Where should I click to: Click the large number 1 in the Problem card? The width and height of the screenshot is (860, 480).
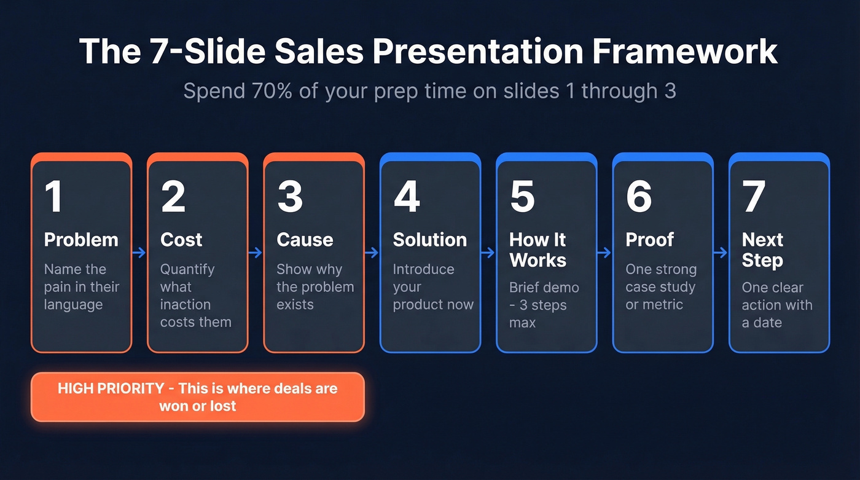tap(54, 197)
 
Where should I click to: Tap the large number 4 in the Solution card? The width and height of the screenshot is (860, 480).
tap(406, 197)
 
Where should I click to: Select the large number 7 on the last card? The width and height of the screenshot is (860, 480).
tap(754, 197)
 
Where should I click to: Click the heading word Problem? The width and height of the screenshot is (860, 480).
tap(81, 240)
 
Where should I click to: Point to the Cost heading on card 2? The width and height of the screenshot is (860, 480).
tap(181, 240)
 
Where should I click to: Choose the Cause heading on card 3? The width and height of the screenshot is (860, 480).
tap(305, 240)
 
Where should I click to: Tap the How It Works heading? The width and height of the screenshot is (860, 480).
tap(537, 250)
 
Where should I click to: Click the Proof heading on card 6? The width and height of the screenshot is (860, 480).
tap(649, 240)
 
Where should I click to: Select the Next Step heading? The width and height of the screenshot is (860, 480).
tap(762, 250)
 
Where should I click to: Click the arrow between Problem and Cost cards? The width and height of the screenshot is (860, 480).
tap(139, 252)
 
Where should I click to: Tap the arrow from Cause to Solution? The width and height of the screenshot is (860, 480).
tap(372, 252)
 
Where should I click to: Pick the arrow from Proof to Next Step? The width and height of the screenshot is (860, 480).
tap(721, 252)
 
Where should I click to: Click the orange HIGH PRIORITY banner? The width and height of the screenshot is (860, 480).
tap(198, 397)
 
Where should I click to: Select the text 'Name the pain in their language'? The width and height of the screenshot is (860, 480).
tap(81, 287)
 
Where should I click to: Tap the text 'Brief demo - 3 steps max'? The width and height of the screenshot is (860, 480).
tap(544, 305)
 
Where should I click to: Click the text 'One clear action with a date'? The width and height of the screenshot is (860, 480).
tap(776, 305)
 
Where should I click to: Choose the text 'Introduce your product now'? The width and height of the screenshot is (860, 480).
tap(432, 287)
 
